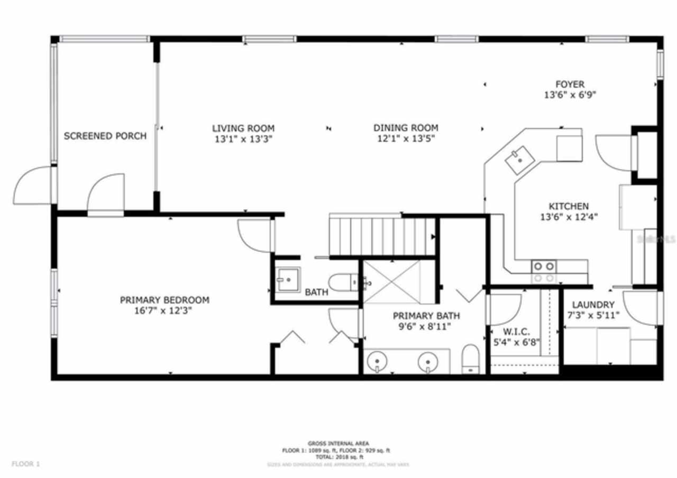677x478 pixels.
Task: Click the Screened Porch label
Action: [x=105, y=136]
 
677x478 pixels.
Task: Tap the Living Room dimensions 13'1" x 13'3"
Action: [x=243, y=140]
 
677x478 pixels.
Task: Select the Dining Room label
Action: [x=406, y=127]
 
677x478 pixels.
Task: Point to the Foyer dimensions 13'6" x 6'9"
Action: [x=570, y=95]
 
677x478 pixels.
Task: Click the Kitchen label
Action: [x=568, y=206]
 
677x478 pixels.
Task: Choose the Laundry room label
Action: [x=593, y=305]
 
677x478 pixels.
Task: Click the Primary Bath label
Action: [x=426, y=316]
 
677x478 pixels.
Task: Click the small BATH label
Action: [x=316, y=292]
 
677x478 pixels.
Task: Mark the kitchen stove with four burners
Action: [x=543, y=272]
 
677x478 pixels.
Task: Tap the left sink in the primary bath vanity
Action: [x=376, y=362]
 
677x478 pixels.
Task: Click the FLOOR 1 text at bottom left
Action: [x=25, y=464]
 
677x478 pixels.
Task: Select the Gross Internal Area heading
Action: [x=338, y=443]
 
